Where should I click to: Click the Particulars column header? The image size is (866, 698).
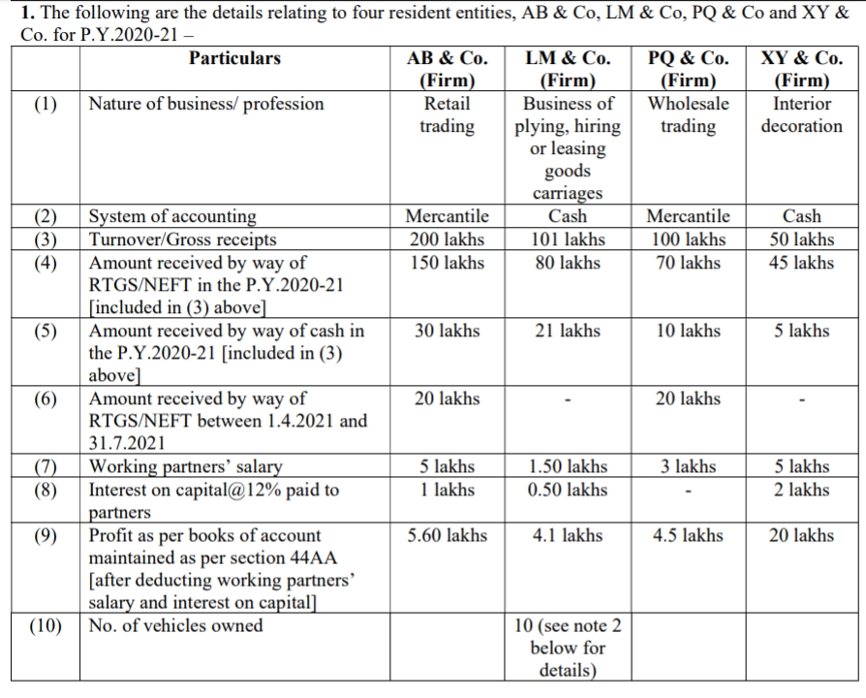point(234,58)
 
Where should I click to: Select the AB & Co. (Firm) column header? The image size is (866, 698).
point(447,70)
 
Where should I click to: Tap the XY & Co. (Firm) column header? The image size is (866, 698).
point(801,70)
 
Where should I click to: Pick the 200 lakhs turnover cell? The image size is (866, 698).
point(447,239)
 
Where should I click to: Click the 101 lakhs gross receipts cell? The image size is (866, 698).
point(568,239)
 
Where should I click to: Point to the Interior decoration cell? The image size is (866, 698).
point(801,114)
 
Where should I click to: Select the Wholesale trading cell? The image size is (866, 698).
point(688,114)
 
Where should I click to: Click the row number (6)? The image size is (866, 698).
point(45,398)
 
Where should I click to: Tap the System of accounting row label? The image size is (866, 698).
point(173,216)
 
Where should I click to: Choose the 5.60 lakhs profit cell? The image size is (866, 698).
point(447,535)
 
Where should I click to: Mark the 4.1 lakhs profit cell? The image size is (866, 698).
point(568,535)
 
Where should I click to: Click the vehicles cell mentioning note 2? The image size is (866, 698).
point(568,648)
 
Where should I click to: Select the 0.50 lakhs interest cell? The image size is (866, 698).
point(568,490)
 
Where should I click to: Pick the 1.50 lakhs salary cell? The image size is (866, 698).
point(568,467)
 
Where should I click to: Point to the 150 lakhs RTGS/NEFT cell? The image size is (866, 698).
point(447,263)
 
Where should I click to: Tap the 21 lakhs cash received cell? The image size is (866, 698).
point(568,331)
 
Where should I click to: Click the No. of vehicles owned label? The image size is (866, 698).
point(175,625)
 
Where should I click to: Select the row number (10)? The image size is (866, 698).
point(45,625)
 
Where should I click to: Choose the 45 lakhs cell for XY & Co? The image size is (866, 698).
point(801,263)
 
